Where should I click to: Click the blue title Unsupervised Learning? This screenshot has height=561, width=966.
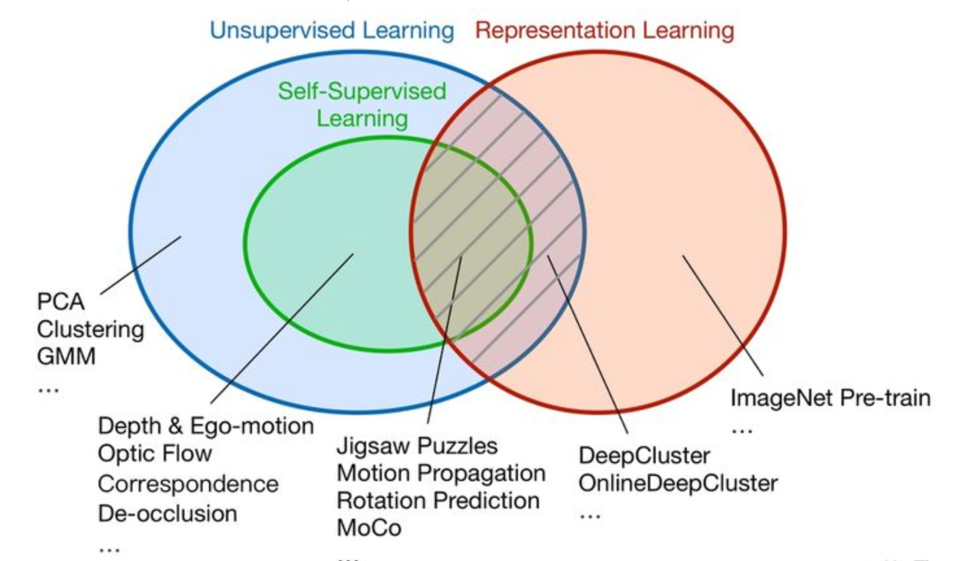(332, 31)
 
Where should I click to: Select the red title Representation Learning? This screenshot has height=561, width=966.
(604, 31)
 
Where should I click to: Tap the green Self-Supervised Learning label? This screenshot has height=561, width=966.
(362, 105)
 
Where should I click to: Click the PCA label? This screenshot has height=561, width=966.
(61, 301)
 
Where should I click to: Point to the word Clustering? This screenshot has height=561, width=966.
(90, 329)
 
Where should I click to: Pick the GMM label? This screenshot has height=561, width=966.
(66, 356)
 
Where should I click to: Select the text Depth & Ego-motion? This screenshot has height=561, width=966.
(206, 426)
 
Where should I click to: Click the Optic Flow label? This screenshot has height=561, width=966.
(155, 453)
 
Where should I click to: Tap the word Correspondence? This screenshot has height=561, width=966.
(188, 484)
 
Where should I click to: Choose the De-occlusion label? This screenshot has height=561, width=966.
(167, 514)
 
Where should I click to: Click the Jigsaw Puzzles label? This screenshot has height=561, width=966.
(417, 446)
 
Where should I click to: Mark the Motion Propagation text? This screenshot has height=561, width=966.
(441, 473)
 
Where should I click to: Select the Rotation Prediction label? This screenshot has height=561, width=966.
(438, 501)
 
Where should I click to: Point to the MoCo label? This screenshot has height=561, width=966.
(369, 528)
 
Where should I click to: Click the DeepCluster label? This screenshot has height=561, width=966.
(644, 456)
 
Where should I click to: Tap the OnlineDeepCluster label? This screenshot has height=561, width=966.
(678, 483)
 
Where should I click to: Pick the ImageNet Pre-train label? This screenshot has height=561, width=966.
(830, 397)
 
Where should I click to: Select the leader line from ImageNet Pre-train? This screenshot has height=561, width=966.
(723, 316)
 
